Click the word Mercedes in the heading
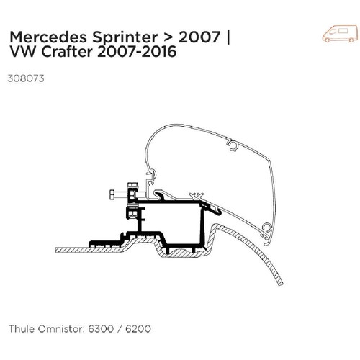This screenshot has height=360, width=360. (48, 37)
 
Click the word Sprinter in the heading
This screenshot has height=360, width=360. (125, 38)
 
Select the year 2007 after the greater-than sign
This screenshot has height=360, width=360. (199, 37)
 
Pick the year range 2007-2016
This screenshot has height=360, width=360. (137, 51)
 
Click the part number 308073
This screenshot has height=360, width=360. (26, 78)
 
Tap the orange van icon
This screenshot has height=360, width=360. (341, 33)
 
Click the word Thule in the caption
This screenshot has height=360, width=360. (21, 328)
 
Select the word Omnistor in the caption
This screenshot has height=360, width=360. (61, 328)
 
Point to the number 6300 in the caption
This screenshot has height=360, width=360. (101, 328)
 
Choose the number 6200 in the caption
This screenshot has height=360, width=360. (138, 328)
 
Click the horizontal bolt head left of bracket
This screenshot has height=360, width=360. (113, 194)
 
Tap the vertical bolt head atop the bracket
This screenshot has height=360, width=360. (132, 185)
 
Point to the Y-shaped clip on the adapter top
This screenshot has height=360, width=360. (196, 195)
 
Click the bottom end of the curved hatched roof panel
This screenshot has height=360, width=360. (280, 284)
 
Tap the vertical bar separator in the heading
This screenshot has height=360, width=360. (228, 38)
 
